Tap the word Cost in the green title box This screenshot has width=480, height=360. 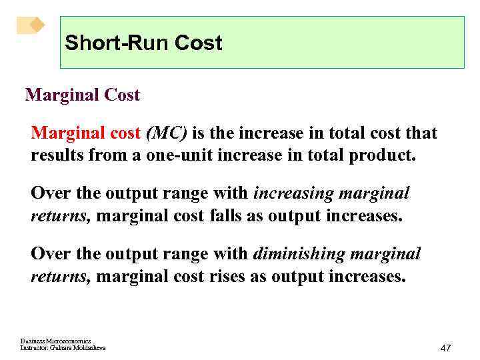point(198,43)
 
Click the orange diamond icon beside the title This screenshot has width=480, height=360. point(31,25)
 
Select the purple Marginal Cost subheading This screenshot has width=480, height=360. point(83,95)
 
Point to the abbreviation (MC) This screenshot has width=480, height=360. point(166,133)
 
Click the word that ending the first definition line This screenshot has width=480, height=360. point(421,133)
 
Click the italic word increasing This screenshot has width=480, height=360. point(294,194)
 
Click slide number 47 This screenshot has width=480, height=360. point(446,348)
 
